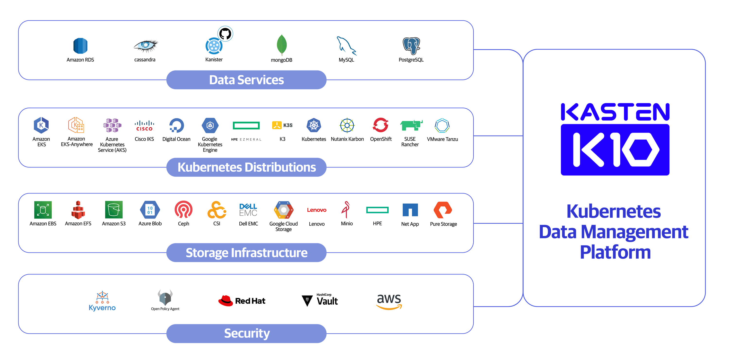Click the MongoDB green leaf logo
(282, 45)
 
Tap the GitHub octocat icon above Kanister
(225, 34)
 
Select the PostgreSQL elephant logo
(411, 45)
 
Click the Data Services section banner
(246, 80)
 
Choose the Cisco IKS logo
(144, 126)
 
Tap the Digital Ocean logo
(176, 125)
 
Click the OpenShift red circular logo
(381, 125)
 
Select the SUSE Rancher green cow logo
(411, 125)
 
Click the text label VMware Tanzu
(442, 139)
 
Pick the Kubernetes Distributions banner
(246, 167)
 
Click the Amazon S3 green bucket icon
(114, 210)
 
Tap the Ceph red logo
(183, 210)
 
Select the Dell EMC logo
(248, 210)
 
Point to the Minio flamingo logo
(346, 210)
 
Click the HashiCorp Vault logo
(320, 300)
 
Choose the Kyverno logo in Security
(102, 301)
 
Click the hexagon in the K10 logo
(640, 150)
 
